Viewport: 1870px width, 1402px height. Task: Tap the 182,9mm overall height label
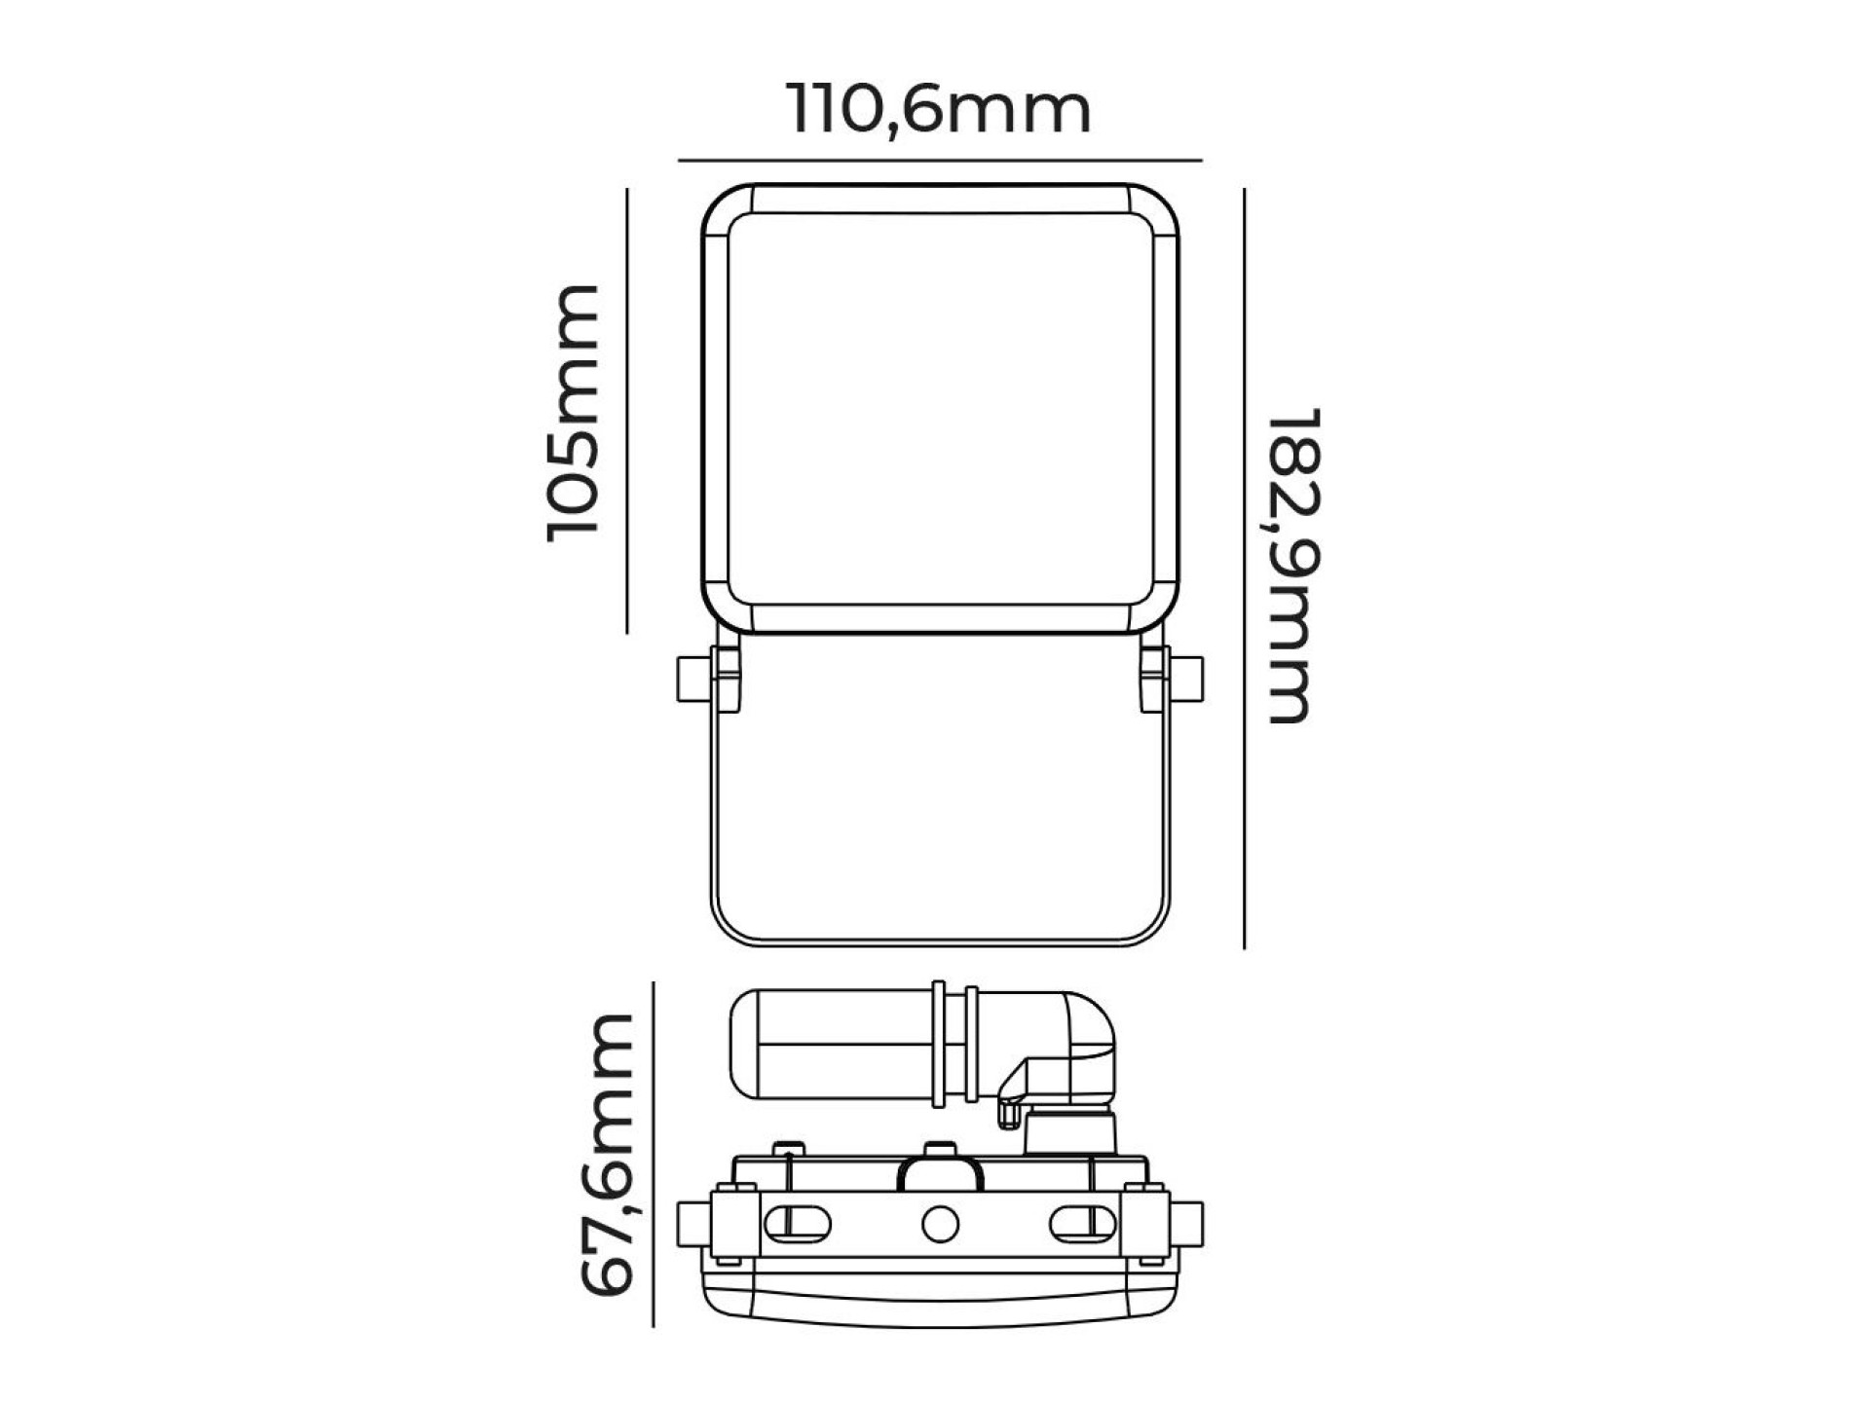[x=1295, y=565]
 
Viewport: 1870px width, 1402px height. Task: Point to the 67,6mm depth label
[x=610, y=1154]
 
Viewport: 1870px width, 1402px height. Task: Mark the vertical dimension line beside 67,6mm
[x=653, y=1154]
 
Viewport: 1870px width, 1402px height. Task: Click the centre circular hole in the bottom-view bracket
[x=940, y=1224]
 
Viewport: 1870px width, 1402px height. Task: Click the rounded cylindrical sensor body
[x=828, y=1045]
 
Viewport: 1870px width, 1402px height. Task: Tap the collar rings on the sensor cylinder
[x=955, y=1044]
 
